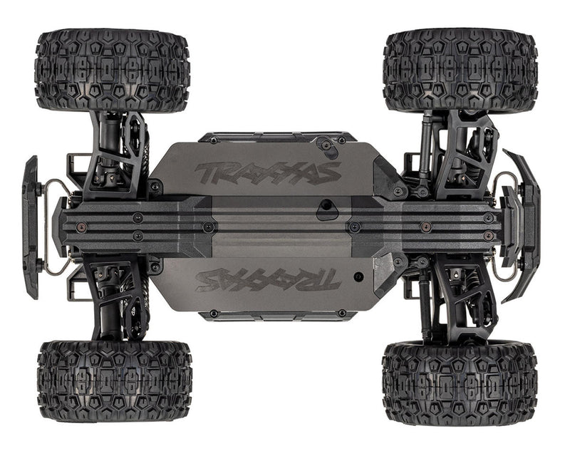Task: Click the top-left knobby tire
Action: click(112, 70)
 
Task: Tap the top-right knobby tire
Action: click(460, 70)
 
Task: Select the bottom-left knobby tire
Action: click(114, 380)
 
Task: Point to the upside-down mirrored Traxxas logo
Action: click(267, 279)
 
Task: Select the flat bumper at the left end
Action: click(30, 227)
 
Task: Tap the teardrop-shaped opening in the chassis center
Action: click(330, 209)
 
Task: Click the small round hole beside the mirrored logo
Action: click(358, 274)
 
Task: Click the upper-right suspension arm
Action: click(456, 152)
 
